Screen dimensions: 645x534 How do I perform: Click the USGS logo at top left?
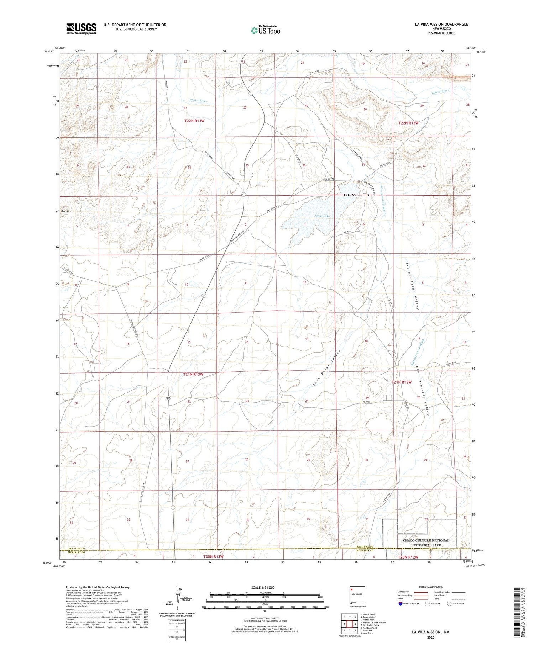click(81, 28)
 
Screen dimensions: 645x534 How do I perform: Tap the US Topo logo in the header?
click(265, 30)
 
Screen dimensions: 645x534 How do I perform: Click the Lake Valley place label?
click(352, 195)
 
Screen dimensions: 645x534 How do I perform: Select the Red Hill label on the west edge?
click(66, 211)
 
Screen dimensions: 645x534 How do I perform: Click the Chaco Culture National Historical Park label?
click(426, 543)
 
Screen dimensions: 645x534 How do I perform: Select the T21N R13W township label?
click(193, 374)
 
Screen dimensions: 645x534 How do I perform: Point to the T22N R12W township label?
click(408, 123)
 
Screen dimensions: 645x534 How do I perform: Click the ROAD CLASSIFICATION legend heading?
click(431, 587)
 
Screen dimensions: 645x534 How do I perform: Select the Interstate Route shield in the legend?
click(400, 604)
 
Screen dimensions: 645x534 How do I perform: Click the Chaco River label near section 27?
click(198, 101)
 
